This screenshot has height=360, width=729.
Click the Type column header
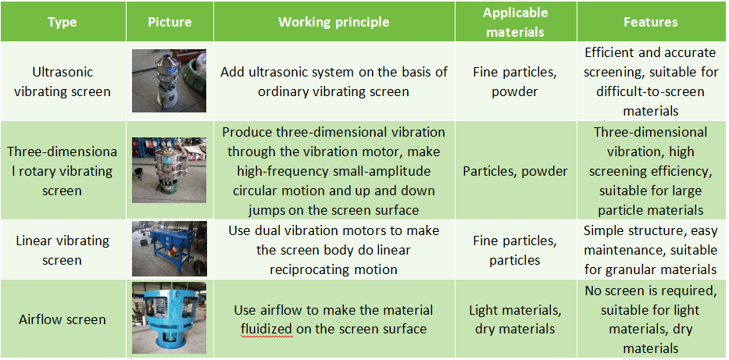click(63, 23)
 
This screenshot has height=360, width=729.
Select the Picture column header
click(170, 23)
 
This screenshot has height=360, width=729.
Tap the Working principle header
click(334, 23)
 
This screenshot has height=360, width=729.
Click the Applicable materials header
click(515, 23)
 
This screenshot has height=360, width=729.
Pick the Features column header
click(650, 23)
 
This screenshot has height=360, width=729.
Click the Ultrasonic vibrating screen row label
click(63, 81)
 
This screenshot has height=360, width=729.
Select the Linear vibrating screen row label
click(63, 250)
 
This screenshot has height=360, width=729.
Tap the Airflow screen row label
click(63, 319)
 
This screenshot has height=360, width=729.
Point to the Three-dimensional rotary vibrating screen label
click(63, 171)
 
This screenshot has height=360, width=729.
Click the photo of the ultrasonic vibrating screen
click(169, 81)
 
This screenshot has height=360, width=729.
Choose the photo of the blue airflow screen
click(169, 318)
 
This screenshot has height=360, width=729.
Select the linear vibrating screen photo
click(169, 249)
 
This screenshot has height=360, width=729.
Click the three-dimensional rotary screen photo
click(169, 170)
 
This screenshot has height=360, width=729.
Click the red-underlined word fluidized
click(266, 330)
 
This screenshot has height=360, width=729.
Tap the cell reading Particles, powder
click(515, 171)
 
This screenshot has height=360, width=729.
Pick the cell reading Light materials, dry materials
click(515, 319)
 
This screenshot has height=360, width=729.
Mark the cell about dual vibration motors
click(334, 250)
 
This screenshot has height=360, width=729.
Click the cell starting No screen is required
click(650, 319)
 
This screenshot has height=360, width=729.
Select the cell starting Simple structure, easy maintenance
click(650, 250)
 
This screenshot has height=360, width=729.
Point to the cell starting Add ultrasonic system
click(334, 81)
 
